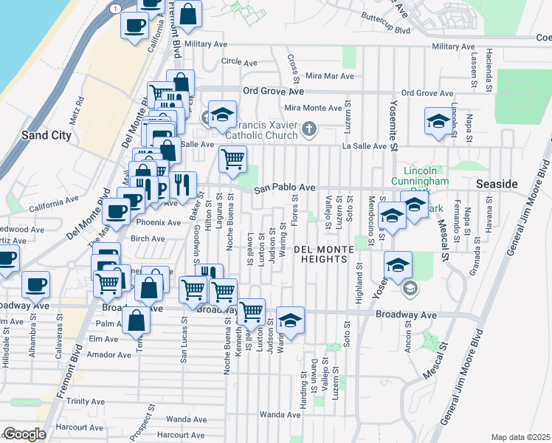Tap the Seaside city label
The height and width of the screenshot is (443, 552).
point(496,183)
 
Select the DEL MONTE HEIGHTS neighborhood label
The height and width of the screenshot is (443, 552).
point(330,250)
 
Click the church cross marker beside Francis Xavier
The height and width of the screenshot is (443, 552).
point(309,131)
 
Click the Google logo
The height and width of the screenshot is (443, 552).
point(24,434)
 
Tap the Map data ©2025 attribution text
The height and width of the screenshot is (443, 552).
point(521,437)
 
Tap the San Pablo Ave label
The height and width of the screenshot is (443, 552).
point(285,189)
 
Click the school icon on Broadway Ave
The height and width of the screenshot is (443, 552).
point(291,320)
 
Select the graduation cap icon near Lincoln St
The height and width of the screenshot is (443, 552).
point(438,122)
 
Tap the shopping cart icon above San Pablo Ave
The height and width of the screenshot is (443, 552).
point(232,159)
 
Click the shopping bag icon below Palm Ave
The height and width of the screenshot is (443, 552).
point(137,322)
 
